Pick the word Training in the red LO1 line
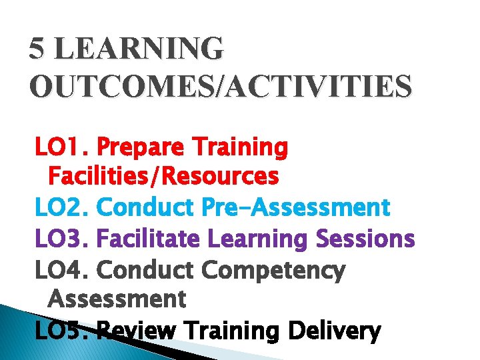[x=239, y=147]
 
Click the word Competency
[x=273, y=271]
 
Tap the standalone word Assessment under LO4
[x=117, y=299]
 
